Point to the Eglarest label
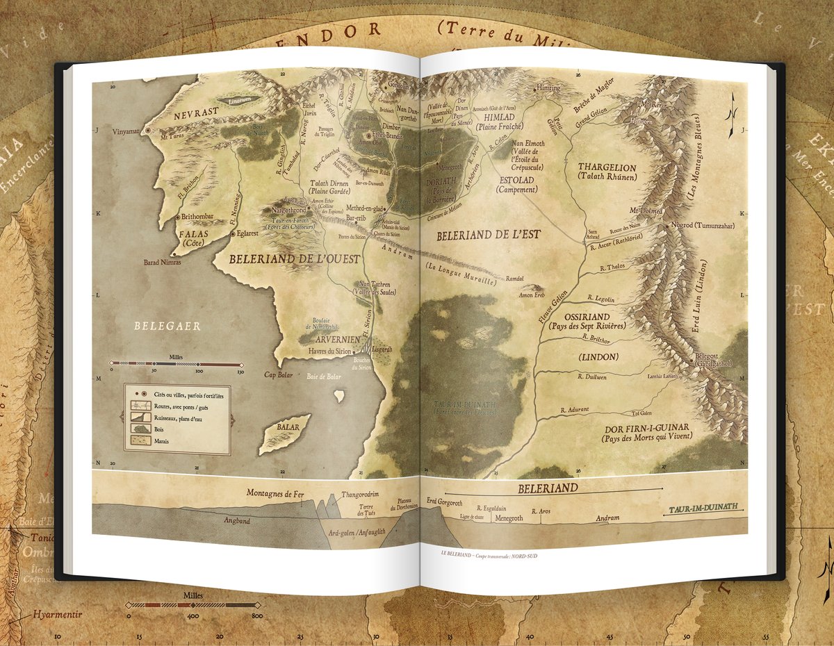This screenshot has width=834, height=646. (x=253, y=234)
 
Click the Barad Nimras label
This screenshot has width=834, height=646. (x=162, y=263)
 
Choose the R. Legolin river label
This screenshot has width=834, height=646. (x=600, y=299)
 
